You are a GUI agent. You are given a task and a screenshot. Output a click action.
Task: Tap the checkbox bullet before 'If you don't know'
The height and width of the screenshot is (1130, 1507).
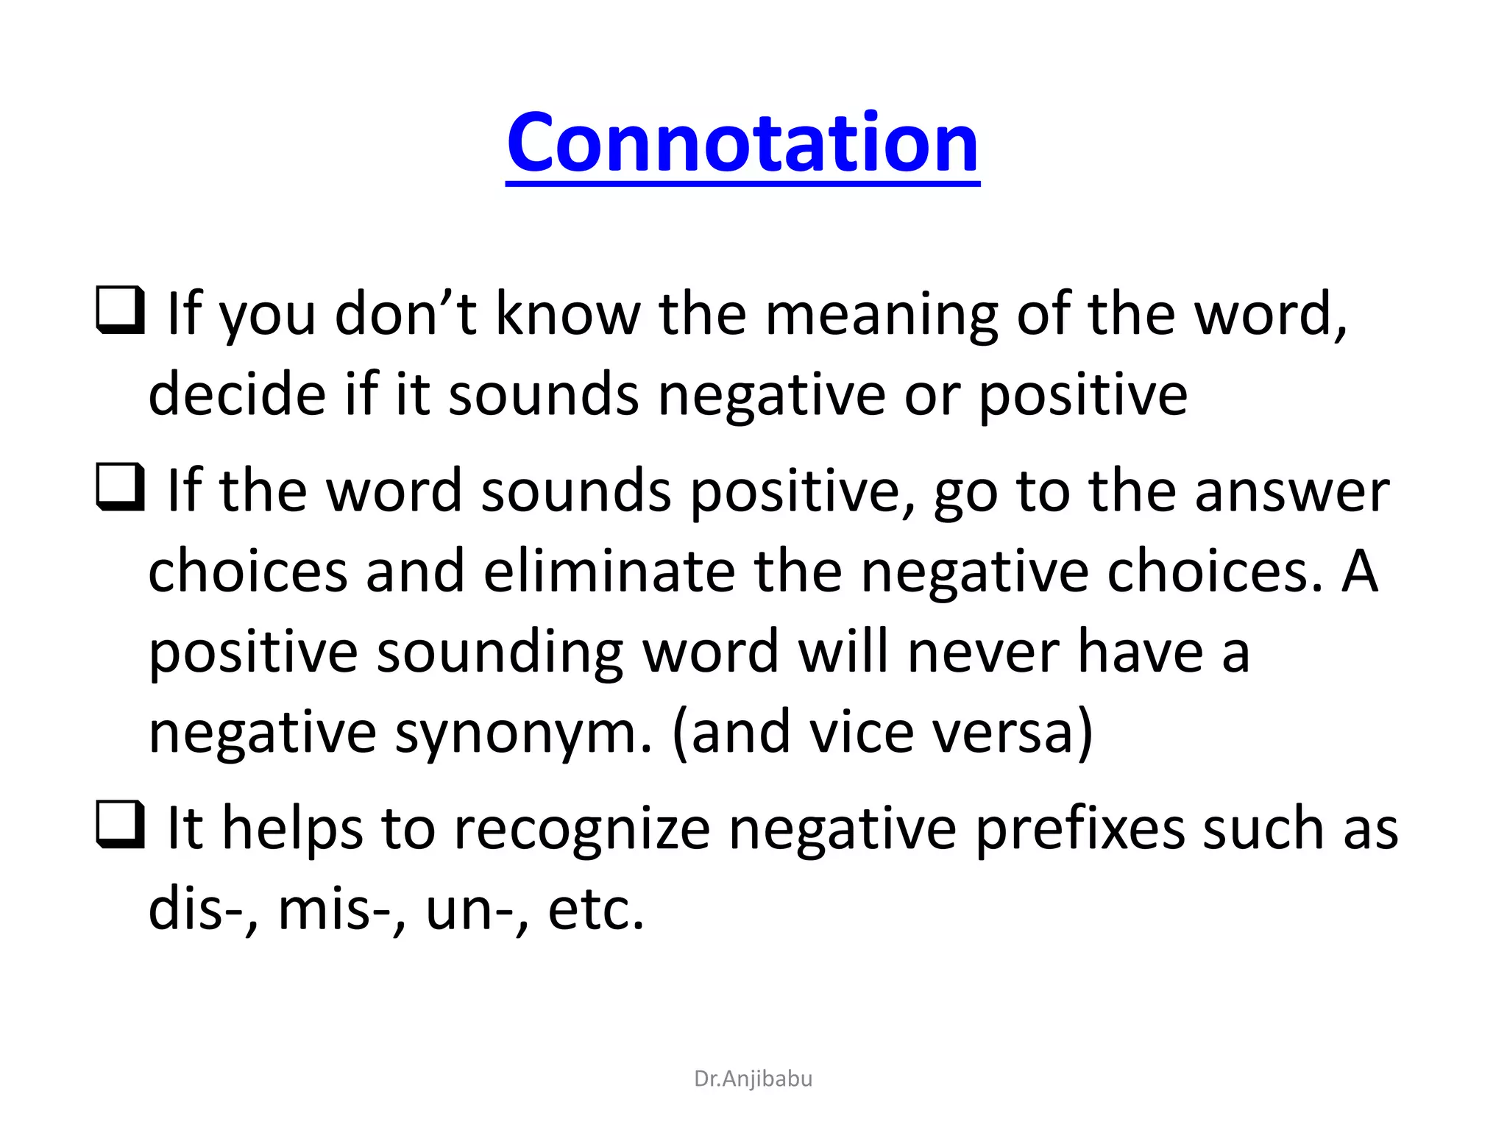click(120, 310)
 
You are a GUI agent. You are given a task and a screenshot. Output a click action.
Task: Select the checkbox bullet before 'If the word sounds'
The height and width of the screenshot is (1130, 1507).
click(120, 487)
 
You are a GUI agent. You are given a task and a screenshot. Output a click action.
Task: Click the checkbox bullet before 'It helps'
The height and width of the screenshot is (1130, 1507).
click(120, 825)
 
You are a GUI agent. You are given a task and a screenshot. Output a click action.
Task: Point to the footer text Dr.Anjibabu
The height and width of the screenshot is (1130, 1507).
click(753, 1079)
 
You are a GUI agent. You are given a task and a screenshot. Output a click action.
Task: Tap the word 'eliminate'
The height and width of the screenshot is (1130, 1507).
click(609, 572)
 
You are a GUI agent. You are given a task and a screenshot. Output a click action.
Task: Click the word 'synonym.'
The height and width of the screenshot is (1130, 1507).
click(523, 733)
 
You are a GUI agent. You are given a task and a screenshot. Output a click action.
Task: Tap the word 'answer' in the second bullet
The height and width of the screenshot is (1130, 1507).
click(1291, 491)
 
